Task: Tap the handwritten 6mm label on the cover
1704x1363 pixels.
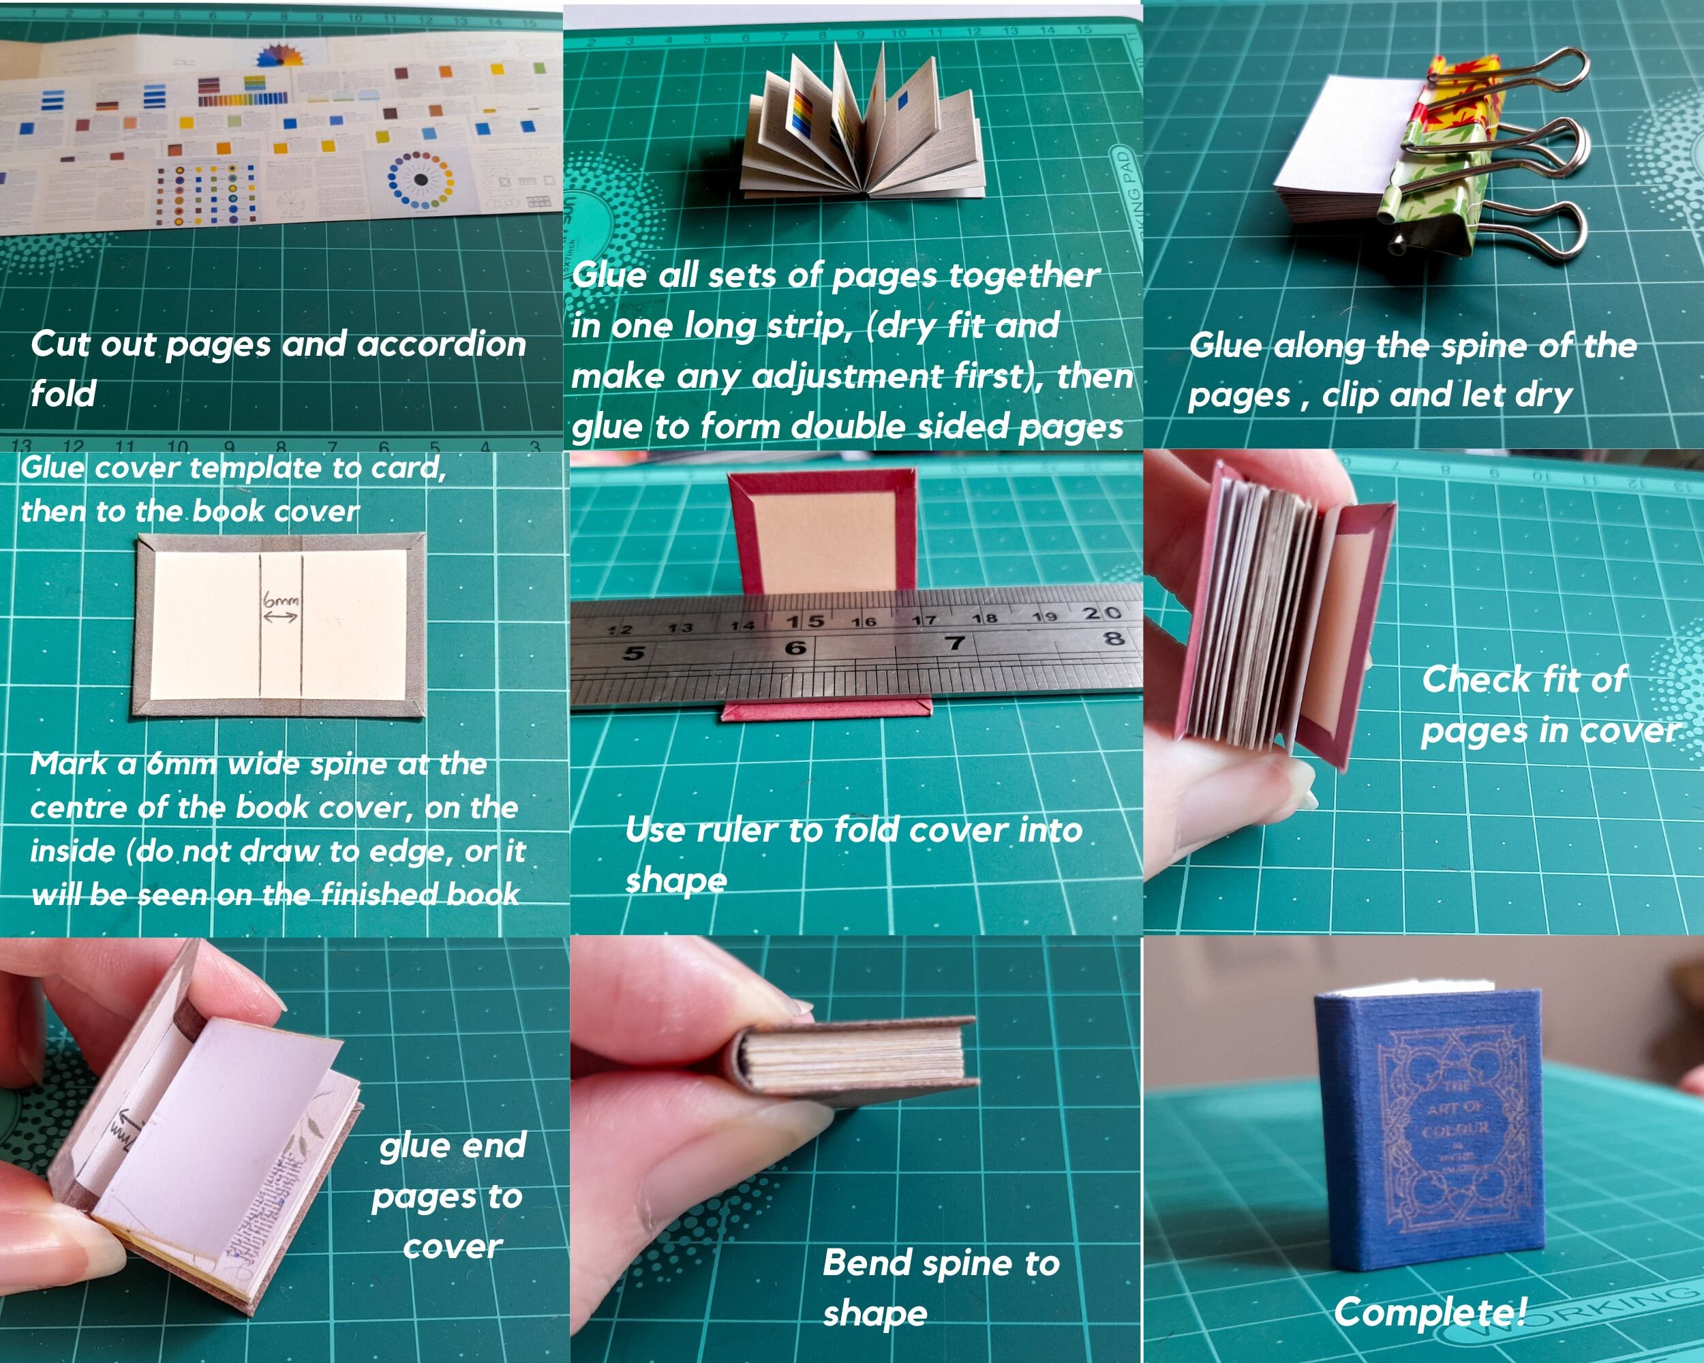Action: pos(282,600)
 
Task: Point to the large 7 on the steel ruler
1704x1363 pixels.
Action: pos(956,643)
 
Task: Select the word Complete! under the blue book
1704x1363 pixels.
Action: pos(1430,1313)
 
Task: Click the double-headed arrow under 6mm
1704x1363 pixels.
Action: pos(282,616)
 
